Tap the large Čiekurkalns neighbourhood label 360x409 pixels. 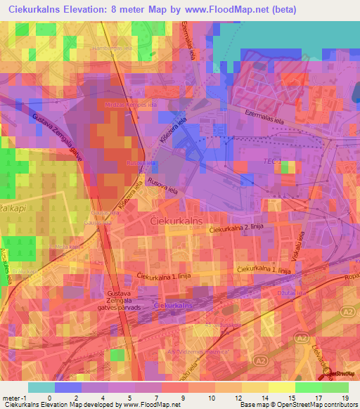pyautogui.click(x=176, y=221)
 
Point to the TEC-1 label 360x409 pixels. pyautogui.click(x=272, y=162)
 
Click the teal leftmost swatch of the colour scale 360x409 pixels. pyautogui.click(x=41, y=387)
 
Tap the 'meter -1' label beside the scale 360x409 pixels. pyautogui.click(x=14, y=398)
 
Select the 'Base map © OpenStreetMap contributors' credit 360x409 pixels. pyautogui.click(x=297, y=405)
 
